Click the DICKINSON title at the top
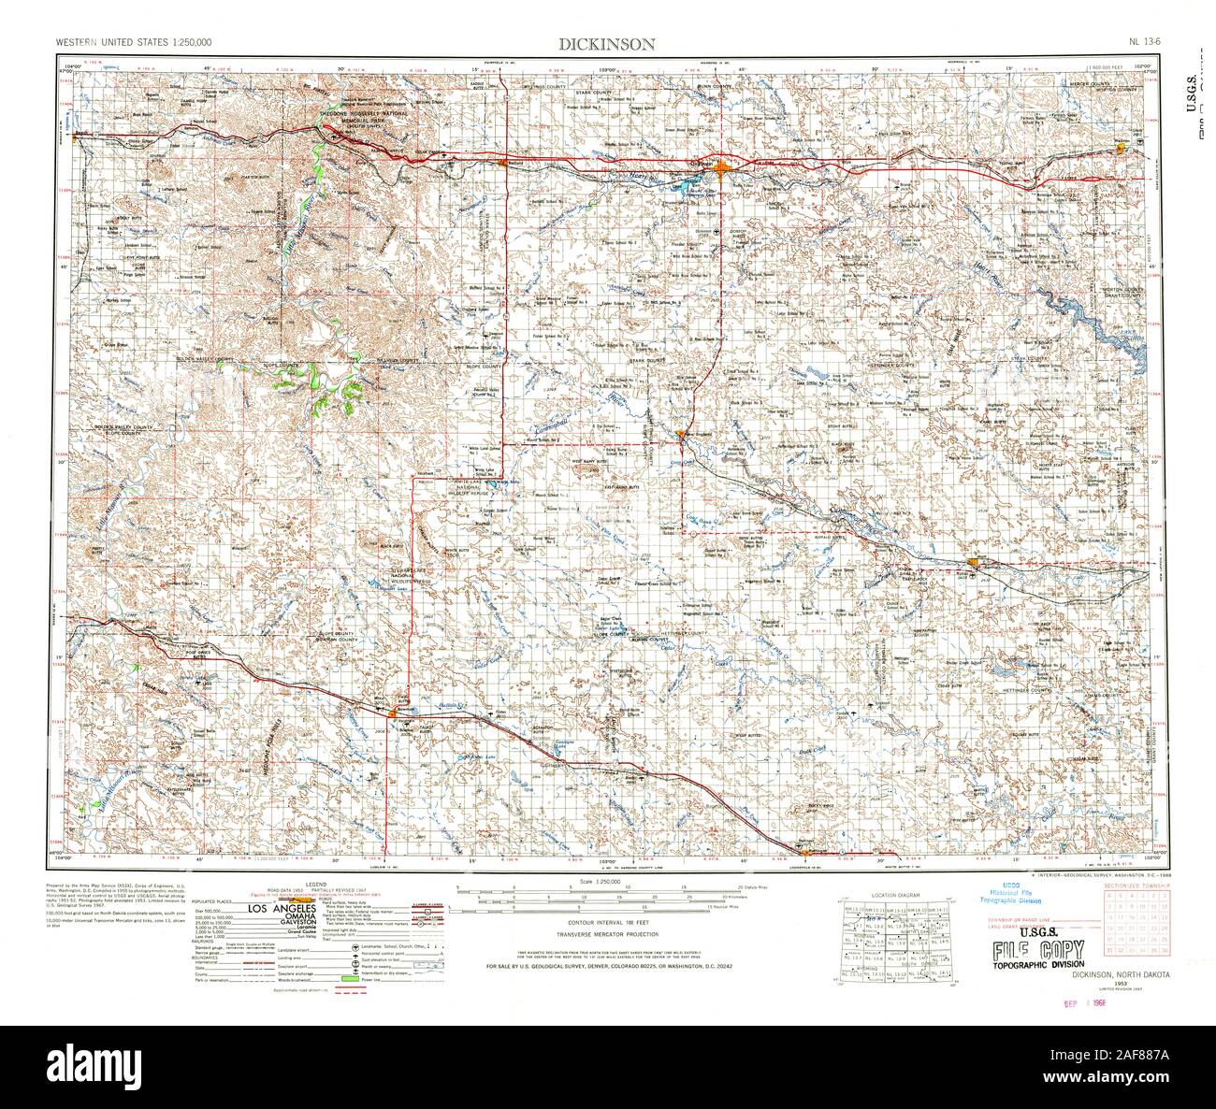(607, 43)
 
